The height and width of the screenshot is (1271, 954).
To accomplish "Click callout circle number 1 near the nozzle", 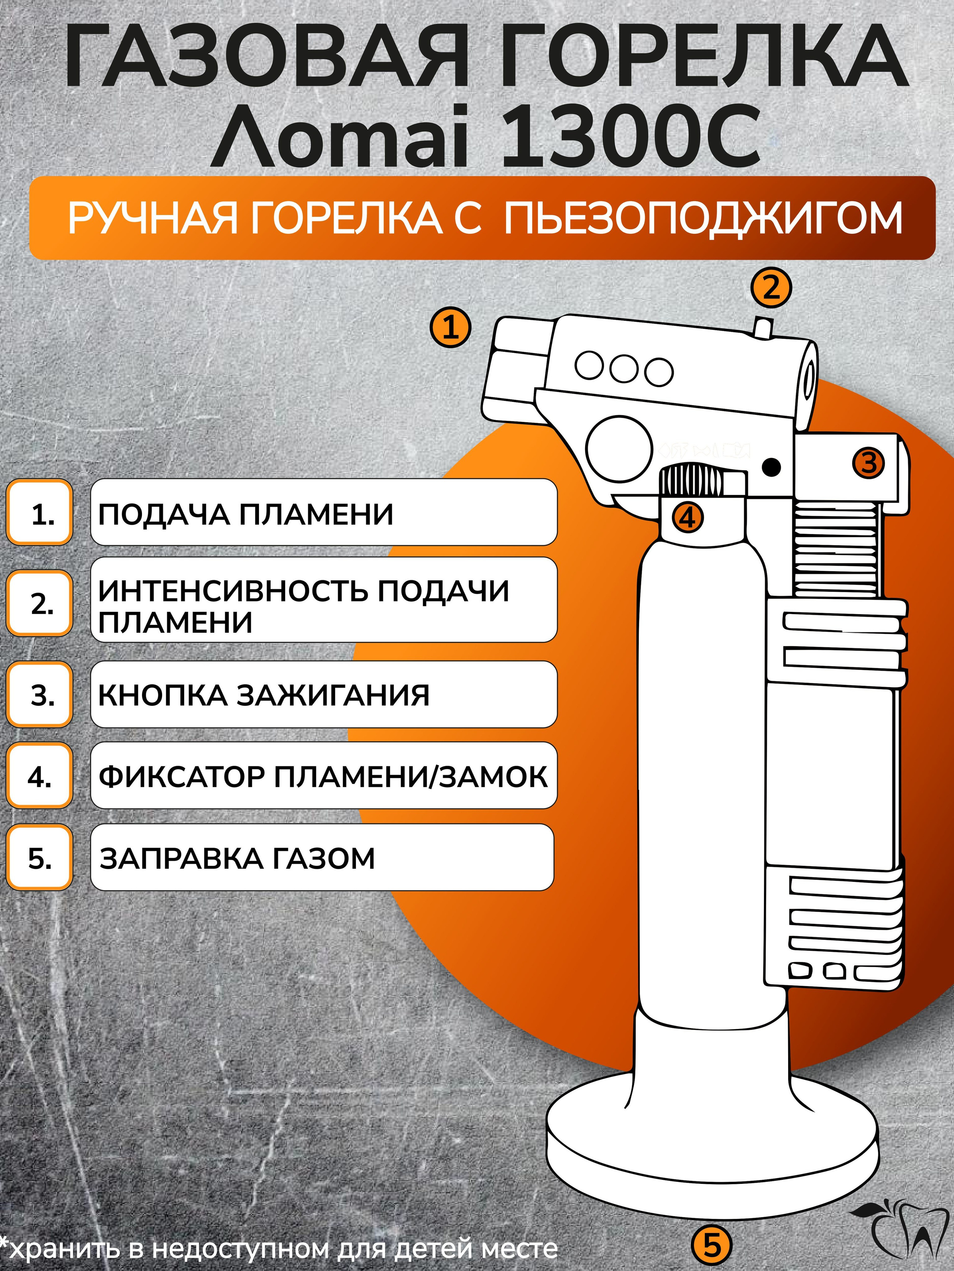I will coord(451,327).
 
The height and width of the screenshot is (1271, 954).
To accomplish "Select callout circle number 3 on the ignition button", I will coord(868,463).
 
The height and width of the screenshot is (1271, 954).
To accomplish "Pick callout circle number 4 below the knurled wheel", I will coord(687,518).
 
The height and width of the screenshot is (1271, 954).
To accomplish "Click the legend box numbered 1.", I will coord(40,512).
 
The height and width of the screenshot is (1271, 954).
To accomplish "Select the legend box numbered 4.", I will coord(40,776).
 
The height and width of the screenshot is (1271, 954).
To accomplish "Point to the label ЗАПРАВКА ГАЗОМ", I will coord(237,858).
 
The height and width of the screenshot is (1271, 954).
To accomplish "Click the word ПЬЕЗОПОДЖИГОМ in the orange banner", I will coord(703,218).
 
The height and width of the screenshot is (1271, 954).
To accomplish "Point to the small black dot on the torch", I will coord(772,467).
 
